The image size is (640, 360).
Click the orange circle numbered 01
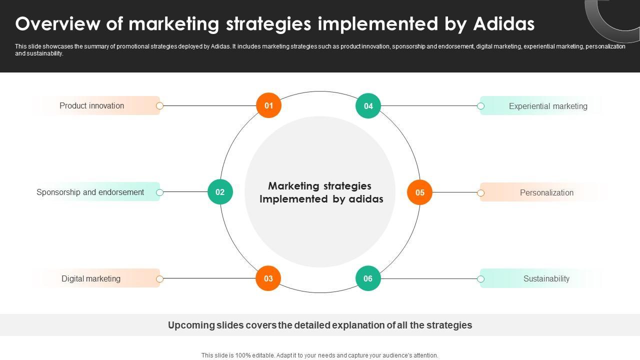[x=269, y=105]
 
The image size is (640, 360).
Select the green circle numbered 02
[x=220, y=192]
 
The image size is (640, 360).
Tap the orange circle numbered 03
[x=268, y=278]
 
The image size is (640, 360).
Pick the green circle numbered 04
[x=368, y=106]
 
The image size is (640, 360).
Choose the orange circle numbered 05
[x=419, y=192]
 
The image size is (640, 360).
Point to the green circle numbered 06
[x=368, y=278]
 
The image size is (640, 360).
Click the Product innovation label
[x=92, y=105]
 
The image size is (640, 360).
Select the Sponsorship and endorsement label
[x=90, y=192]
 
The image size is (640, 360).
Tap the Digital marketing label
[x=91, y=278]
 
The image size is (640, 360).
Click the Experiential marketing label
[x=548, y=106]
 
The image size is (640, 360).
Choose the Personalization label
[x=546, y=192]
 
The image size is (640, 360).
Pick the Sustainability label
[x=546, y=278]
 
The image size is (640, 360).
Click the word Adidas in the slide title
[x=504, y=24]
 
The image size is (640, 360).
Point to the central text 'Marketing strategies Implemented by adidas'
[x=321, y=192]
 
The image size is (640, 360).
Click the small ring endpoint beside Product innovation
[x=160, y=105]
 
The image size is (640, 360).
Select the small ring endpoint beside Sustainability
[x=480, y=279]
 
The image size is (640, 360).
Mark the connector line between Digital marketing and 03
[x=210, y=278]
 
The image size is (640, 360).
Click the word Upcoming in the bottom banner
[x=191, y=325]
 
